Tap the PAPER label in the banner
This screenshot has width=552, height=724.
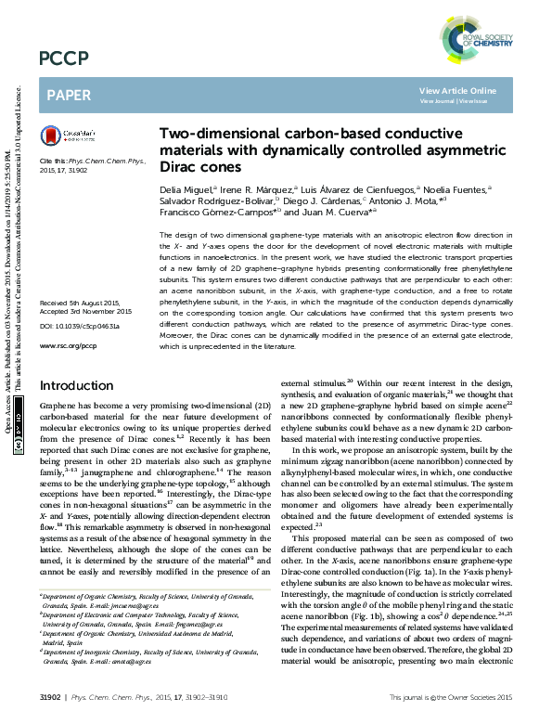68,95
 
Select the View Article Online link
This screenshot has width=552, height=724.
457,90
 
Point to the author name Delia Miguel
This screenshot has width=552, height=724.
185,187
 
